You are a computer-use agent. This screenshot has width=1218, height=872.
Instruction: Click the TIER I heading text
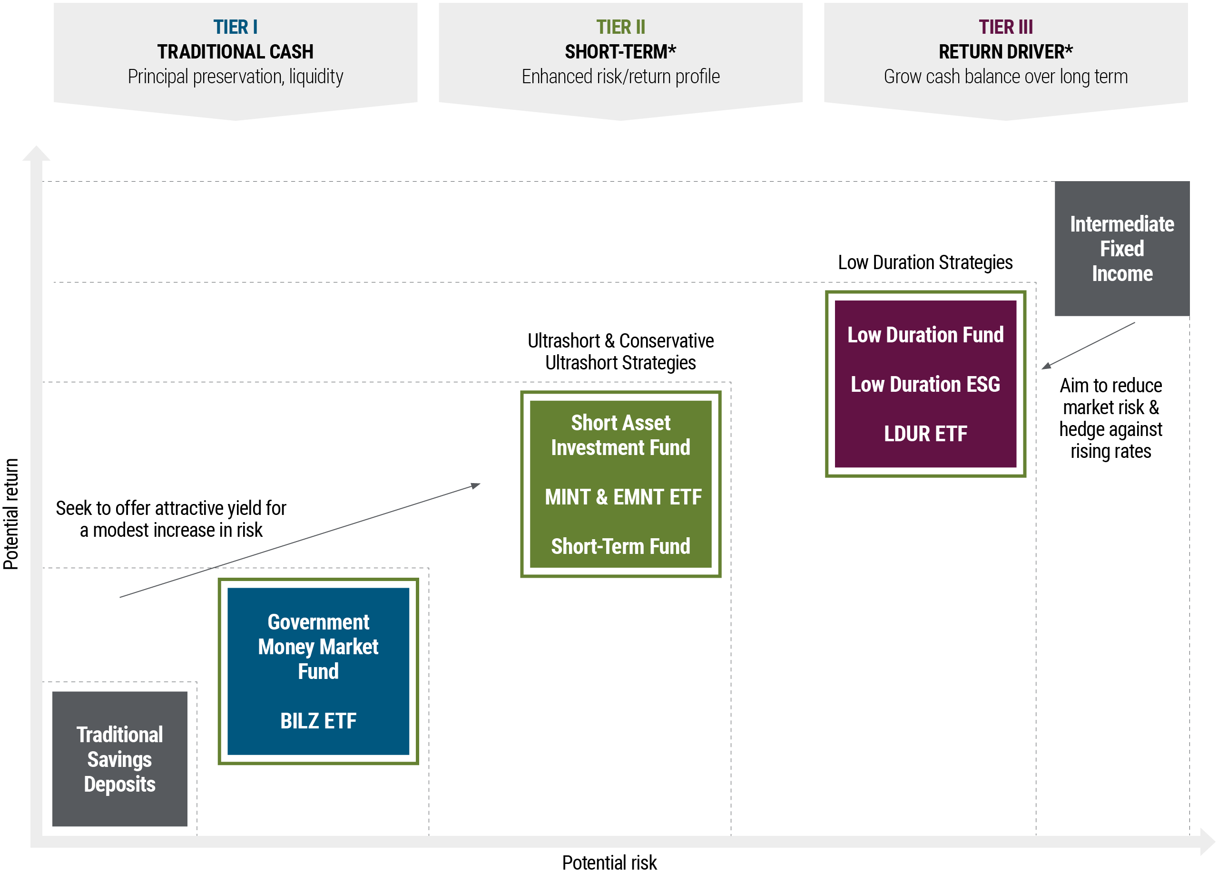click(235, 27)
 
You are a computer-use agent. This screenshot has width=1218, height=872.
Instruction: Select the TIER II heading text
click(620, 27)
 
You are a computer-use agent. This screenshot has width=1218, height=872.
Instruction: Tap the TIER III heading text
click(1005, 27)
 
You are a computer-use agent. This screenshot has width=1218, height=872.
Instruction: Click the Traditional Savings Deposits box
click(120, 759)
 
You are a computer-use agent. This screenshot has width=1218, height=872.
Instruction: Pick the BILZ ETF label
click(318, 721)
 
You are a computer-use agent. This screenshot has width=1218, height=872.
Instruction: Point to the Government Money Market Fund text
click(318, 647)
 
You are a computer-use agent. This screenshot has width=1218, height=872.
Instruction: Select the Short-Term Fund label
click(620, 546)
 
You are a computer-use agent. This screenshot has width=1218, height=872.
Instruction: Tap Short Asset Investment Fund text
click(620, 435)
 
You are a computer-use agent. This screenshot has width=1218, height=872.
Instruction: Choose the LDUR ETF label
click(925, 434)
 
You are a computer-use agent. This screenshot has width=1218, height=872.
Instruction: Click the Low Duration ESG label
click(925, 384)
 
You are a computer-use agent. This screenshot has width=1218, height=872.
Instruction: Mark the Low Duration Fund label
click(925, 335)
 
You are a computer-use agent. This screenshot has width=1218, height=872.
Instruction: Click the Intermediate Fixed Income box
click(1122, 249)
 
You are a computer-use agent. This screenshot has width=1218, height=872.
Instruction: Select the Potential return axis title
click(11, 514)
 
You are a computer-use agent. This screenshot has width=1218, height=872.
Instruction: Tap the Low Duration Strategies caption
click(925, 262)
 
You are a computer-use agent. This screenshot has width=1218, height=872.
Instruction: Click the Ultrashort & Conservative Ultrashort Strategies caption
click(620, 351)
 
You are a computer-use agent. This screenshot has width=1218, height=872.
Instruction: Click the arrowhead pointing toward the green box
click(476, 485)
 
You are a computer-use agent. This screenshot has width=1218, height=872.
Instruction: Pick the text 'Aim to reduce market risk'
click(1110, 397)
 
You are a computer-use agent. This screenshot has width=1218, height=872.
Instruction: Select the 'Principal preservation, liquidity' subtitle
click(235, 77)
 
